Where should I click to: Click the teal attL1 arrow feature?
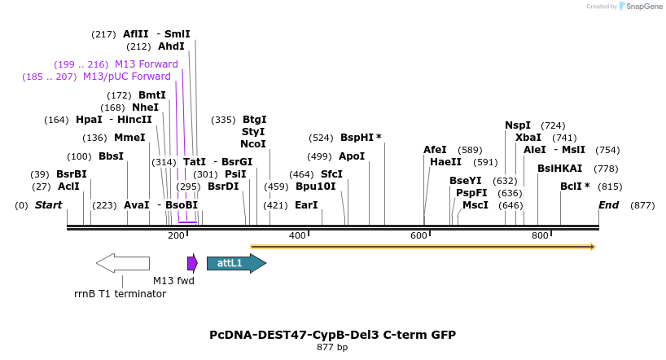(235, 263)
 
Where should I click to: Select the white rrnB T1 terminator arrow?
(123, 263)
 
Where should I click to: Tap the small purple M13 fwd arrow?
(192, 263)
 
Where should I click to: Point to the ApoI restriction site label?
(352, 156)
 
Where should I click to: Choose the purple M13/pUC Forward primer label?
(127, 77)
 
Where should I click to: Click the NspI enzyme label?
(518, 125)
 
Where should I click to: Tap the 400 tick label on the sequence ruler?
(297, 235)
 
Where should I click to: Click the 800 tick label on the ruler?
(540, 235)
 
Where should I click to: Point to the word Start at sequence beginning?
(48, 205)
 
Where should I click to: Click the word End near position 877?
(609, 205)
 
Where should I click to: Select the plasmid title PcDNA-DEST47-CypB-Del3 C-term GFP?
(332, 335)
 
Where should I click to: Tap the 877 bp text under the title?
(332, 348)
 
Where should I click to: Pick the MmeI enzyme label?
(129, 138)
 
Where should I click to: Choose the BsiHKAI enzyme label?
(559, 169)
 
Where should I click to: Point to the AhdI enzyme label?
(172, 46)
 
